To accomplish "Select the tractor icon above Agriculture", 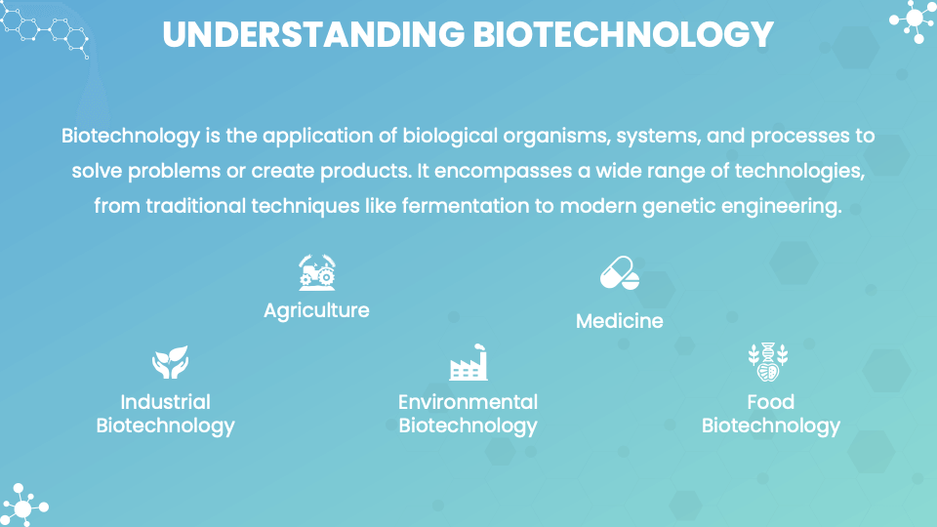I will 317,272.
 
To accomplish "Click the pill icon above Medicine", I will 619,274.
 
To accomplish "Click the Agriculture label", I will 316,310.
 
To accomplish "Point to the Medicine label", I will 619,320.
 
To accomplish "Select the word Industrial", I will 165,401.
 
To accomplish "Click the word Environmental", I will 468,401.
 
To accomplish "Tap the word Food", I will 770,401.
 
